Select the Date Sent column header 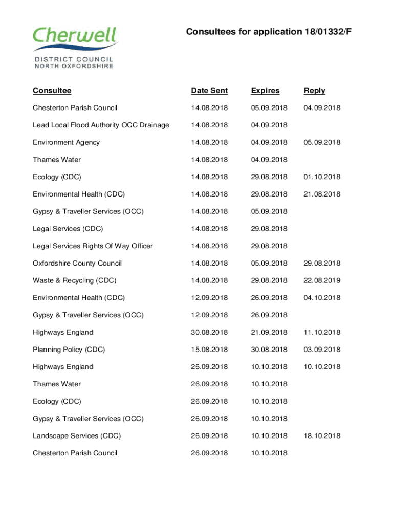tap(209, 91)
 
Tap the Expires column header tap(265, 91)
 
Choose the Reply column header tap(314, 91)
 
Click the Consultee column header tap(52, 91)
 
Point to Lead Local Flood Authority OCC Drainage tap(101, 125)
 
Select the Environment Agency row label tap(66, 142)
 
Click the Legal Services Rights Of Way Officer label tap(93, 246)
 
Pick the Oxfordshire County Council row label tap(77, 263)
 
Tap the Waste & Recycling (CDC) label tap(74, 280)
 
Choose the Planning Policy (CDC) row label tap(69, 350)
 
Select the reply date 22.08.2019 tap(322, 280)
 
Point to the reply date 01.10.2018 tap(322, 177)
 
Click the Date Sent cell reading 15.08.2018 tap(209, 350)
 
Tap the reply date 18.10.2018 tap(322, 436)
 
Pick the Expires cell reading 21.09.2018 tap(269, 332)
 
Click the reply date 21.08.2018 tap(322, 194)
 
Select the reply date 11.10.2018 tap(322, 332)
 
